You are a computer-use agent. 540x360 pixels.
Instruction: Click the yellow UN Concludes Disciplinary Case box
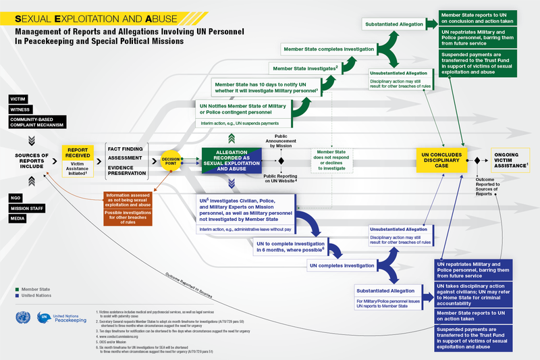441,160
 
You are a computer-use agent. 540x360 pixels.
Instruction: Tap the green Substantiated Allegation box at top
395,24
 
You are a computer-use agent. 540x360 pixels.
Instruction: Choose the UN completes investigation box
341,266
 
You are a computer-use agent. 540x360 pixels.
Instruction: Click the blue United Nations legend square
16,296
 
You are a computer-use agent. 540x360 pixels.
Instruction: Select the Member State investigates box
304,68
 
